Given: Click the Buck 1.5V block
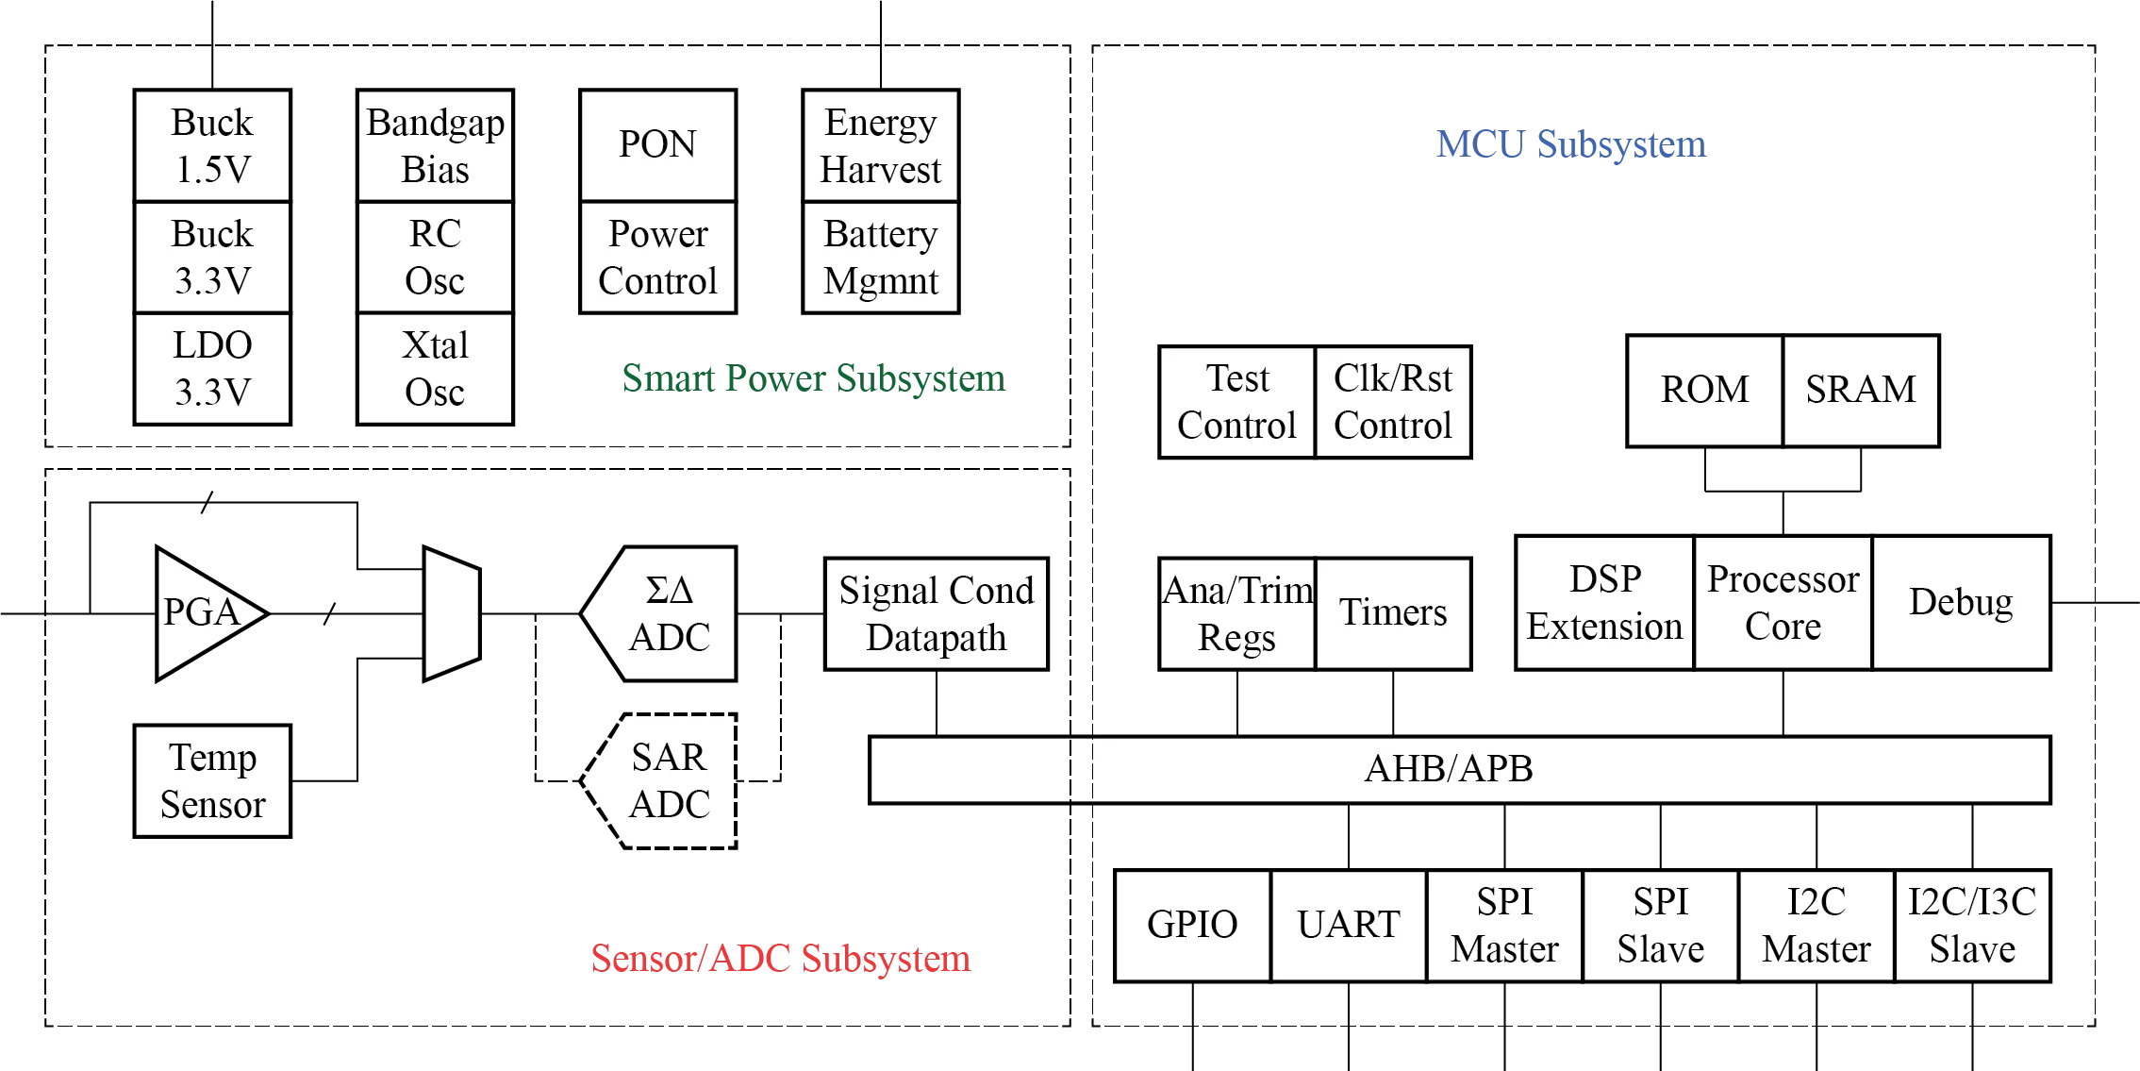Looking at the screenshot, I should point(211,145).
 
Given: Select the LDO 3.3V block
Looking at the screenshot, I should point(211,368).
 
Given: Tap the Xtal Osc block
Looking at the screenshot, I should point(435,368).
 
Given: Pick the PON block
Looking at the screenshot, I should point(656,144).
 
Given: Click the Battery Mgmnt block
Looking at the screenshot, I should point(881,257).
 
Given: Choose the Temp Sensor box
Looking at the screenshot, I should point(211,780).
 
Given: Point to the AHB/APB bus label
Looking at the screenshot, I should point(1449,769).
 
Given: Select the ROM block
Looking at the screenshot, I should point(1704,389).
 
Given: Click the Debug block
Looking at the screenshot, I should point(1961,602).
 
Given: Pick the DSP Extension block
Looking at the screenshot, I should point(1603,602).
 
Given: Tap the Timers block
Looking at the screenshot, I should point(1392,612).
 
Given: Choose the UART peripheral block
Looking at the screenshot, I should point(1348,925).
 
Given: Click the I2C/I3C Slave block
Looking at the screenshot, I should point(1972,925).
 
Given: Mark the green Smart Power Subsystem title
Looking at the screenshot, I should point(813,378).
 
